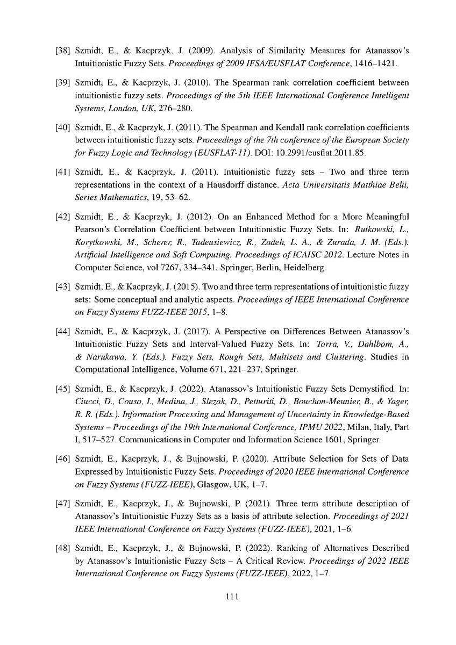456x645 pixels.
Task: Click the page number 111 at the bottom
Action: (x=228, y=596)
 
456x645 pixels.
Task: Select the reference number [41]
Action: (x=65, y=172)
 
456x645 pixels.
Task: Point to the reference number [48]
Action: (x=65, y=548)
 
